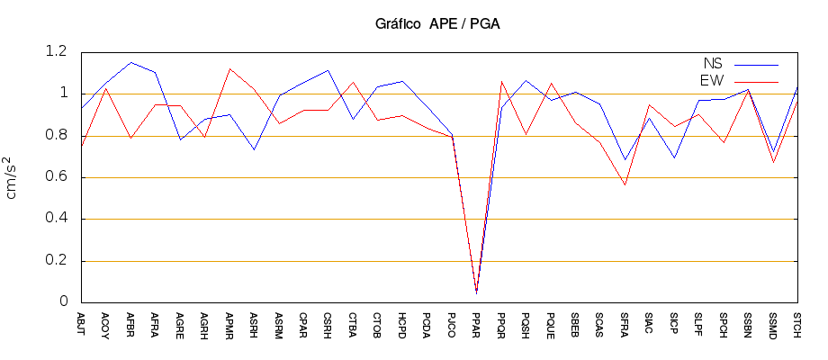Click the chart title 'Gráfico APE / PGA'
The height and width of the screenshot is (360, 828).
tap(437, 23)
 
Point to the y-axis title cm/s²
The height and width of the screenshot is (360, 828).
tap(13, 176)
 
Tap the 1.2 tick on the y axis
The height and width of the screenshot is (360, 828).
tap(56, 52)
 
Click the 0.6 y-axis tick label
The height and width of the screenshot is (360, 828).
tap(56, 177)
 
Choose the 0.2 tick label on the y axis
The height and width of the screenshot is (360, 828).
tap(56, 261)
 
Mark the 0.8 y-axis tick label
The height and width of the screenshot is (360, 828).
tap(56, 136)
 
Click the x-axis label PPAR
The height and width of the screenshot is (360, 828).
tap(476, 322)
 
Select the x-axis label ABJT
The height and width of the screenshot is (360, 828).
tap(82, 322)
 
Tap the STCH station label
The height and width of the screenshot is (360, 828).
tap(797, 322)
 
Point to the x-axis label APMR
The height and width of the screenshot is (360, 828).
tap(229, 322)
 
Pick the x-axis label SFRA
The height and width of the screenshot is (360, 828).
tap(625, 322)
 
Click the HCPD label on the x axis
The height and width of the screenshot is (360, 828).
tap(402, 322)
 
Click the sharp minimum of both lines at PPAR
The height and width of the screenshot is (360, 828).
tap(476, 292)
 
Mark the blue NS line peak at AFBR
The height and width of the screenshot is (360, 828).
tap(131, 63)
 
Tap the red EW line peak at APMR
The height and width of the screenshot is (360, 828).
tap(229, 68)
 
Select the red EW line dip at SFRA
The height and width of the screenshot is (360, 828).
tap(625, 184)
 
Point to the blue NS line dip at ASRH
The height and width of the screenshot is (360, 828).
tap(255, 149)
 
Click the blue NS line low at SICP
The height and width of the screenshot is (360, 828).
tap(674, 157)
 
